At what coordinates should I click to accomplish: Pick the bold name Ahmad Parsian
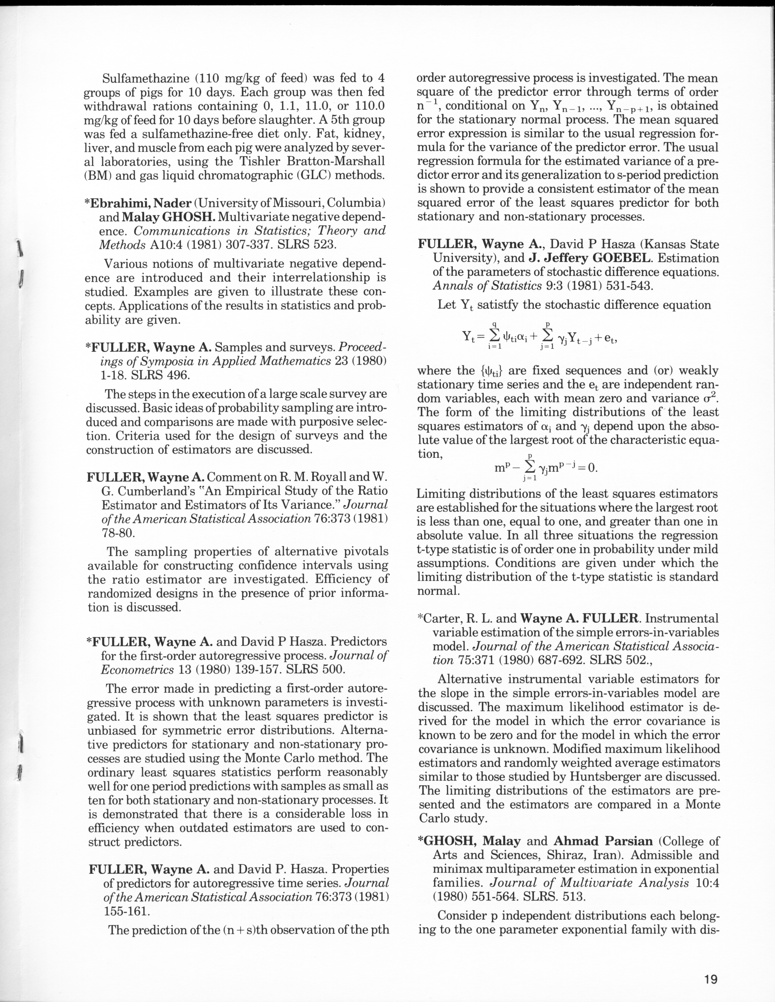tap(603, 841)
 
